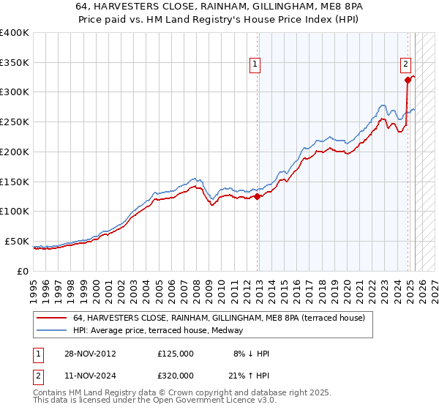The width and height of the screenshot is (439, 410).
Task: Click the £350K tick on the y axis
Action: (15, 63)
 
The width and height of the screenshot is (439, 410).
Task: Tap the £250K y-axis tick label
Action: (15, 122)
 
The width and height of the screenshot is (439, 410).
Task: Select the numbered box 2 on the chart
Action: (405, 64)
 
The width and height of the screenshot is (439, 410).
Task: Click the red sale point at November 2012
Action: (258, 196)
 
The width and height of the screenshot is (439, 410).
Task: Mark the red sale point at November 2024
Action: (408, 81)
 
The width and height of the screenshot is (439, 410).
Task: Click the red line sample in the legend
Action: (51, 318)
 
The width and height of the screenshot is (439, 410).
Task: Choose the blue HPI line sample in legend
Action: (51, 330)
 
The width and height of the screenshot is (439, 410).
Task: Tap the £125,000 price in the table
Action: (175, 354)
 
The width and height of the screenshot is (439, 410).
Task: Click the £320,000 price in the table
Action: (175, 375)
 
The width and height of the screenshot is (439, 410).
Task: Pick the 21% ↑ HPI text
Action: (249, 375)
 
